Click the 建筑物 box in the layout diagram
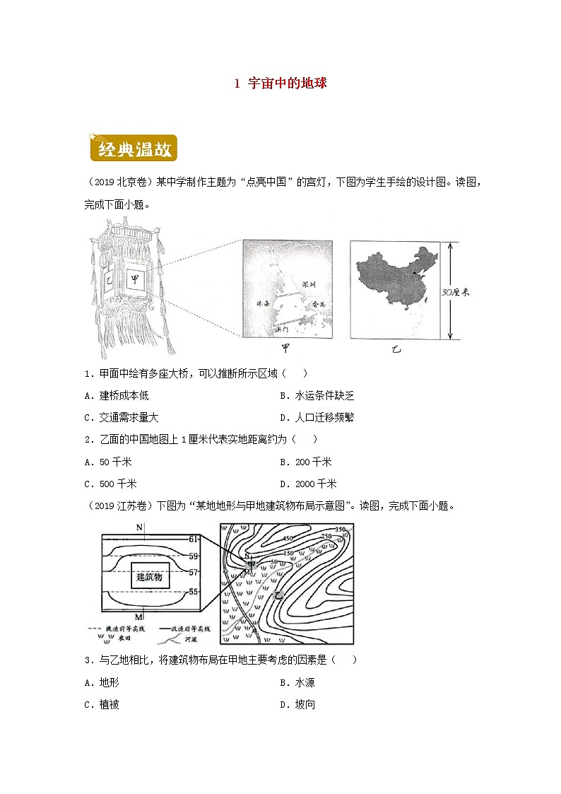coord(149,577)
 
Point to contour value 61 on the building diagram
coord(194,539)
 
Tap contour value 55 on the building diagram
coord(194,591)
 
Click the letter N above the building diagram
coord(140,527)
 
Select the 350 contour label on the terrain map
coord(341,530)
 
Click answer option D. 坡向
coord(298,704)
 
